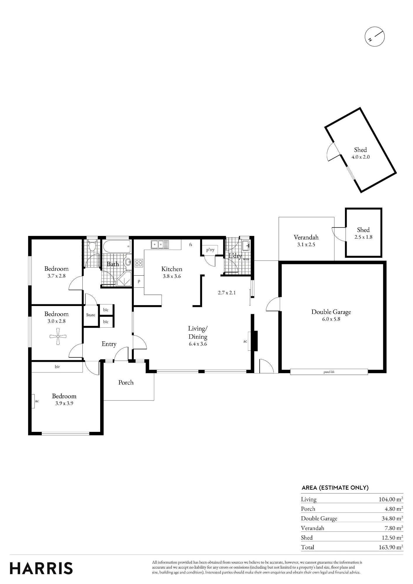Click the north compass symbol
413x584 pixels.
point(375,37)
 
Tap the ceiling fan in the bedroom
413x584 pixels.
point(58,336)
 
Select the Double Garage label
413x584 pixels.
point(331,312)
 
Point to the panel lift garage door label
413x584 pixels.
point(329,372)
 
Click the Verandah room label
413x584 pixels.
point(306,237)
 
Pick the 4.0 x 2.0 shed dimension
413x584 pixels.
point(360,157)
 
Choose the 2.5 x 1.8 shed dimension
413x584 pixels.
point(363,237)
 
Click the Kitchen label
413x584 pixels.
point(172,269)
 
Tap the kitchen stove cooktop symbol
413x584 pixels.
point(139,263)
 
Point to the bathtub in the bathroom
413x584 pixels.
point(117,247)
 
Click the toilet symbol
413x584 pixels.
point(92,246)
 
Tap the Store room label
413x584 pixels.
point(91,315)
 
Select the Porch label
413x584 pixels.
point(126,382)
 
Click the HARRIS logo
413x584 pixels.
point(41,568)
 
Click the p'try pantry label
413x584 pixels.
point(210,250)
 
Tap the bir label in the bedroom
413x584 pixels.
point(57,366)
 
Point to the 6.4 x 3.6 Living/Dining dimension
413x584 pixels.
point(198,344)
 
